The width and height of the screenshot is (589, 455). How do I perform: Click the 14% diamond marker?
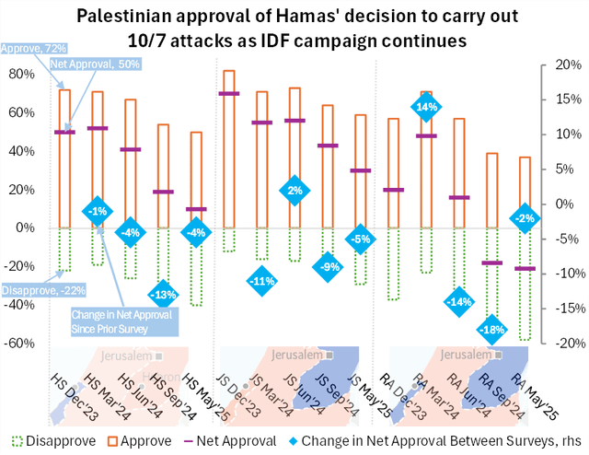point(426,107)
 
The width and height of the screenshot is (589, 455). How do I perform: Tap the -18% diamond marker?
point(492,329)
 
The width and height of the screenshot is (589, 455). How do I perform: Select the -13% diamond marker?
point(163,295)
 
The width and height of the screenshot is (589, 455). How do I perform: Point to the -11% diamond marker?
point(262,280)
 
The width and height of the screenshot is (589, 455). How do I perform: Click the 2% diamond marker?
point(294,191)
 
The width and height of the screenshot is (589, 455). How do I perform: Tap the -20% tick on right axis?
point(566,343)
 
